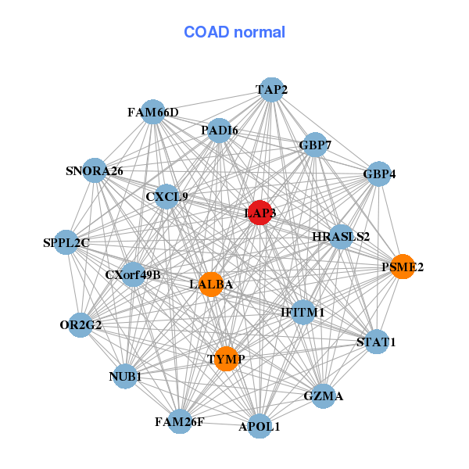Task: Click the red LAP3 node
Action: tap(260, 213)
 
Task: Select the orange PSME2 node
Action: tap(403, 267)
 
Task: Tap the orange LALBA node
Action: tap(210, 285)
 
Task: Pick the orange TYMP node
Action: tap(226, 359)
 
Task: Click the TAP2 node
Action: tap(271, 90)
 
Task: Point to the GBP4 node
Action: tap(377, 174)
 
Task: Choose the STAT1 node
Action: tap(377, 342)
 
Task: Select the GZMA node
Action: tap(324, 396)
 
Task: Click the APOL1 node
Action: tap(260, 427)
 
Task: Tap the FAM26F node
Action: tap(180, 422)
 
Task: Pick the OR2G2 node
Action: tap(81, 324)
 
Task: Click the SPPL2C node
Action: tap(67, 243)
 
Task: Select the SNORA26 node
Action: tap(94, 170)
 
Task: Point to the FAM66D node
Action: tap(153, 113)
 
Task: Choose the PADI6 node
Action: tap(220, 131)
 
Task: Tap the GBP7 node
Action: tap(315, 145)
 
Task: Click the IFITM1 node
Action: tap(303, 313)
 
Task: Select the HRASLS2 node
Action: tap(341, 236)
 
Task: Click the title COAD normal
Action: tap(234, 32)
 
